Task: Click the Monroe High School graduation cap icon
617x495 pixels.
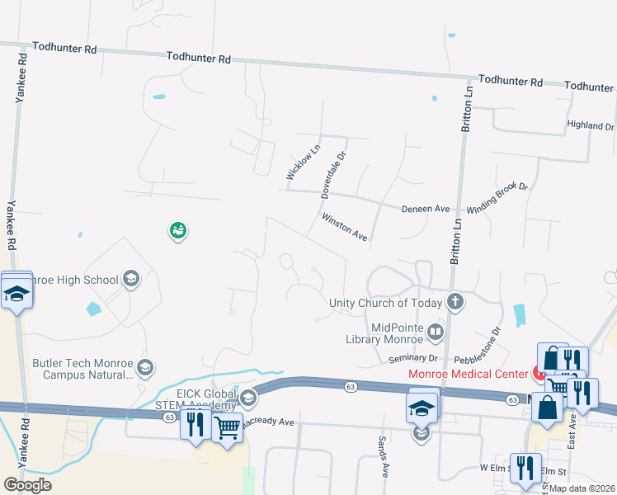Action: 130,280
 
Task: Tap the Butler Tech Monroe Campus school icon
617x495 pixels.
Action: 144,367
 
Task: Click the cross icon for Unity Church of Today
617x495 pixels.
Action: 455,302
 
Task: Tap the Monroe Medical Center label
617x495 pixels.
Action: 468,374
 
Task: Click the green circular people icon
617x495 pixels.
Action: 177,231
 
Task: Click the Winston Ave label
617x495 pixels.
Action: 344,227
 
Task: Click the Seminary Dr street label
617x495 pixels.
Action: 414,359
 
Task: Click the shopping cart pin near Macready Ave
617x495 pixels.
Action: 227,426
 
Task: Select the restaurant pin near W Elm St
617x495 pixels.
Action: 525,468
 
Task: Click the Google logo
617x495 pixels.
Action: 27,484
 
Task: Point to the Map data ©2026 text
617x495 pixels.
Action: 582,488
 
